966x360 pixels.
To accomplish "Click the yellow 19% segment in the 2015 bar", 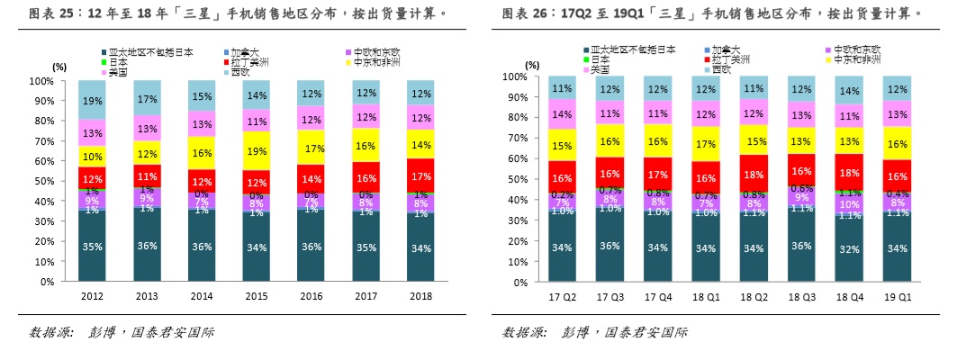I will click(256, 151).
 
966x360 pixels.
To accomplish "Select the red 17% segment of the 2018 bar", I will click(420, 177).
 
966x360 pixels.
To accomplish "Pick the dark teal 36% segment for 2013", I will click(147, 246).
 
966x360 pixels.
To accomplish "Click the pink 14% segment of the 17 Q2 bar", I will click(562, 114).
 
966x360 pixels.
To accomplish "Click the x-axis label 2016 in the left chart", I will click(311, 296).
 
